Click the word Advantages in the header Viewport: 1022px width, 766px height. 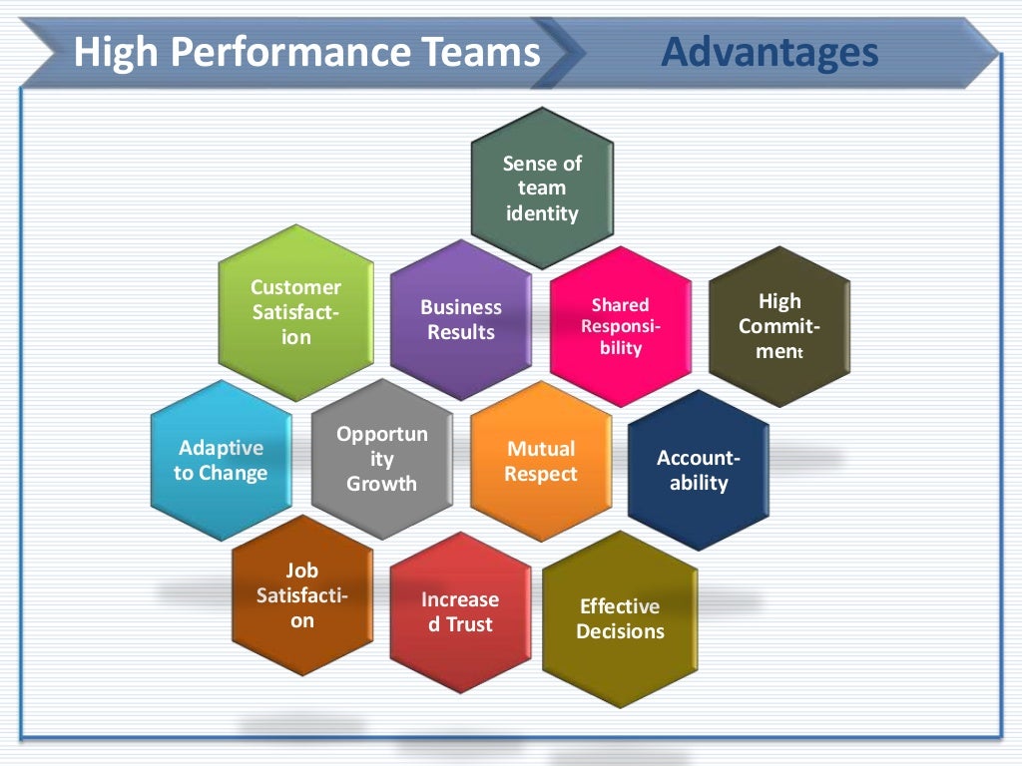tap(768, 51)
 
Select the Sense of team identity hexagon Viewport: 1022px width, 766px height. tap(542, 189)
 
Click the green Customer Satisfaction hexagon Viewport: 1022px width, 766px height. tap(295, 312)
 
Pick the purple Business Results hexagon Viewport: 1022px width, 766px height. tap(461, 320)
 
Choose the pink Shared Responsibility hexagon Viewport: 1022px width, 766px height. tap(620, 326)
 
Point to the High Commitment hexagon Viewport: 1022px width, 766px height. tap(779, 326)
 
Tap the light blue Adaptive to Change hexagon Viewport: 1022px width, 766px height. tap(221, 461)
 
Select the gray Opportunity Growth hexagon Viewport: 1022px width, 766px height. tap(381, 460)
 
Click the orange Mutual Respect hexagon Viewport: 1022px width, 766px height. tap(541, 461)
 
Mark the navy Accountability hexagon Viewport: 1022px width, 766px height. tap(699, 471)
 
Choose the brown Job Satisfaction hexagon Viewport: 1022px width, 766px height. tap(301, 595)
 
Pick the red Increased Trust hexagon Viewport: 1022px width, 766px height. tap(460, 611)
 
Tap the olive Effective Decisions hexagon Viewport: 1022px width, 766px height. tap(620, 618)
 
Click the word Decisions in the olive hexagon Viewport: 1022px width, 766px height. tap(620, 631)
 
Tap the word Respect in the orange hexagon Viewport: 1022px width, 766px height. tap(541, 474)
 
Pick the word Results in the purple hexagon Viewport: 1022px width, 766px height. tap(461, 332)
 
